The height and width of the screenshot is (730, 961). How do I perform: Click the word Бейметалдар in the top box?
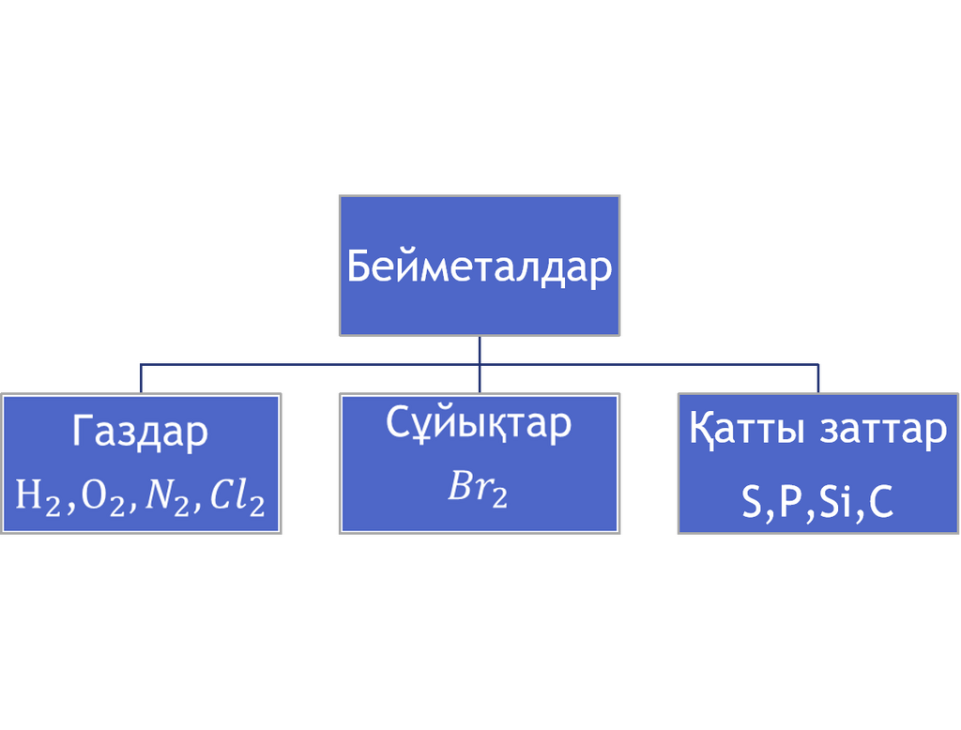[480, 266]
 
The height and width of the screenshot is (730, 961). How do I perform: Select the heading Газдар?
[141, 432]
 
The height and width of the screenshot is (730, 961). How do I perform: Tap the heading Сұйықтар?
[479, 422]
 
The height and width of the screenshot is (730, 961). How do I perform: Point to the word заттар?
[883, 431]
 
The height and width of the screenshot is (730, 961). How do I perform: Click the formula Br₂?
[478, 489]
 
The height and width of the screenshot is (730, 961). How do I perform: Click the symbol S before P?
[752, 502]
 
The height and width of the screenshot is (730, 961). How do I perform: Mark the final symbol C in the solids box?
[880, 502]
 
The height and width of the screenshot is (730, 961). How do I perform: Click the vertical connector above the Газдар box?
[141, 379]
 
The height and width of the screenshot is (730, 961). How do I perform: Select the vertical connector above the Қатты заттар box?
[818, 379]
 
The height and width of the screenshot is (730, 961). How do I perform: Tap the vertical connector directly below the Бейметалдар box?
[480, 364]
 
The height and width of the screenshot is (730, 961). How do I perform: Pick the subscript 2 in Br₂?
[500, 498]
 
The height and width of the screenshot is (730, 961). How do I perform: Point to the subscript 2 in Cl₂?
[257, 507]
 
